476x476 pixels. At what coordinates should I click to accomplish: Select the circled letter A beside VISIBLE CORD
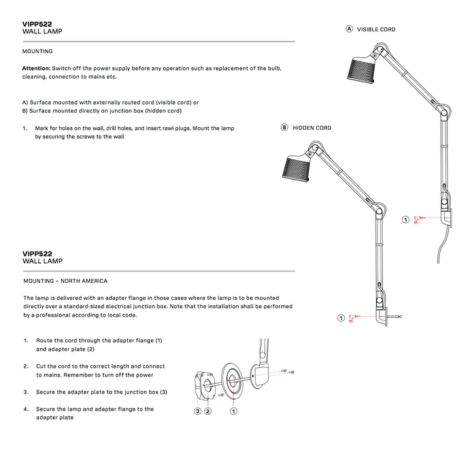[x=350, y=29]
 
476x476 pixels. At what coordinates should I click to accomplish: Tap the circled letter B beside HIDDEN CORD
[x=285, y=128]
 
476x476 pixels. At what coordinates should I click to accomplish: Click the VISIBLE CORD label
[x=376, y=29]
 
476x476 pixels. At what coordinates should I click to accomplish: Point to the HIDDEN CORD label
[x=312, y=128]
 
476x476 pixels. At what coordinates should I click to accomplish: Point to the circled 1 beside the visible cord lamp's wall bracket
[x=406, y=220]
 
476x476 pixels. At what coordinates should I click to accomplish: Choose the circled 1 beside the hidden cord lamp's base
[x=341, y=318]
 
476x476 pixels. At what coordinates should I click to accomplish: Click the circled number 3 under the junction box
[x=197, y=411]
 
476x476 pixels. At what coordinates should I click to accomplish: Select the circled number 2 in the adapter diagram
[x=208, y=411]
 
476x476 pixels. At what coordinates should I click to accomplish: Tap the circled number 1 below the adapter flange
[x=234, y=411]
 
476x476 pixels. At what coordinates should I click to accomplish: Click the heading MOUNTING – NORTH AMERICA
[x=65, y=281]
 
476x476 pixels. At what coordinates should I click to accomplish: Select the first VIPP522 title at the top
[x=37, y=24]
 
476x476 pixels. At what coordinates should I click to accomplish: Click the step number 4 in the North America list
[x=25, y=409]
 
